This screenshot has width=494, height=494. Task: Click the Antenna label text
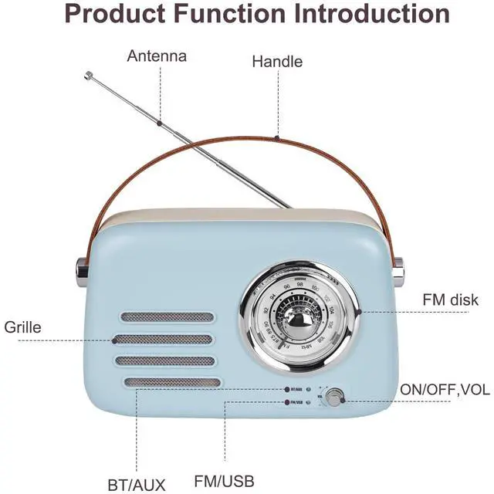point(157,56)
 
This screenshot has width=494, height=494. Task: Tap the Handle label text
point(277,62)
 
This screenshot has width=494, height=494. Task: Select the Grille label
point(22,327)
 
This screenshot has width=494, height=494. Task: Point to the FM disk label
point(450,299)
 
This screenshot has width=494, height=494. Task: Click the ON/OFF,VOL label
point(444,391)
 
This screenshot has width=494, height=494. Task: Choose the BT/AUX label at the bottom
point(136,485)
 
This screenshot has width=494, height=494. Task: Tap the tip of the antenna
point(88,75)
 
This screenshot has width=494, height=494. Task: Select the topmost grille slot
point(166,317)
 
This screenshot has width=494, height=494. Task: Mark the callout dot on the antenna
point(159,123)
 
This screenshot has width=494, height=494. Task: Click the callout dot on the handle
point(277,138)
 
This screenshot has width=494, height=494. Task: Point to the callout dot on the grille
point(114,339)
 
